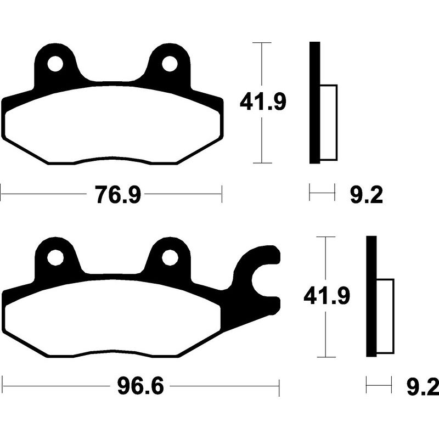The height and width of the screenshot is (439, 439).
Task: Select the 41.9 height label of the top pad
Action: tap(263, 102)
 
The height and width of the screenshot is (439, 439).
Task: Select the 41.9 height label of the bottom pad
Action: tap(327, 297)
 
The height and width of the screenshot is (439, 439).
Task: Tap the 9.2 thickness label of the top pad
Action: tap(365, 195)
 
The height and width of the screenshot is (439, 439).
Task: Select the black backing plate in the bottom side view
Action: tap(372, 296)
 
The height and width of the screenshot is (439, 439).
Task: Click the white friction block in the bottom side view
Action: tap(385, 316)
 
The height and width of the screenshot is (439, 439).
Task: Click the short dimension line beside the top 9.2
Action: tap(322, 193)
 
